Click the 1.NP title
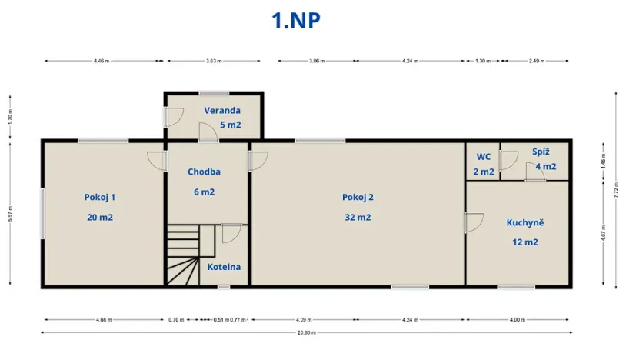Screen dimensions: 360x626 coord(296,20)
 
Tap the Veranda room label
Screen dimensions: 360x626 coord(222,110)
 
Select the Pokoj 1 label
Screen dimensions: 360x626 coord(100,197)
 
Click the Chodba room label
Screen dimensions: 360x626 coord(205,172)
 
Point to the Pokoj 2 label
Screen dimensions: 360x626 coord(358,197)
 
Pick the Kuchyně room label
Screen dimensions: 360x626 coord(525,222)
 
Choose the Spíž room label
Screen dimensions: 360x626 coord(541,152)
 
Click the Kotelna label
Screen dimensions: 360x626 coord(224,267)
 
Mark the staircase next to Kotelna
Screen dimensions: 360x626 coord(185,255)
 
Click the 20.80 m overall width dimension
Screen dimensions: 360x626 coord(307,333)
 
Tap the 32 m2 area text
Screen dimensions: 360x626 coord(358,217)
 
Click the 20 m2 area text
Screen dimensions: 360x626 coord(100,217)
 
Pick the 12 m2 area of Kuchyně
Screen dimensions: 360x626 coord(525,242)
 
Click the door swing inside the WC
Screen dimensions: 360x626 coord(508,161)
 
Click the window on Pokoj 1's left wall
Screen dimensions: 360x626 coord(43,212)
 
